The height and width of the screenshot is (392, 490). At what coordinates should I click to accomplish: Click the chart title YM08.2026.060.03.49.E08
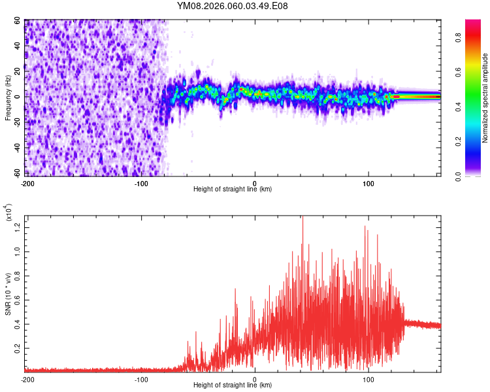coord(233,6)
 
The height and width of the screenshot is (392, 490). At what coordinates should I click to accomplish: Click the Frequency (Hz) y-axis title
coord(7,98)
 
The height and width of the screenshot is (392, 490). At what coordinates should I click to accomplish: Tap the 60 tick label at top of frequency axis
coord(18,21)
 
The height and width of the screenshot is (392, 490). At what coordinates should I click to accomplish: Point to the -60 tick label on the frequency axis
coord(17,173)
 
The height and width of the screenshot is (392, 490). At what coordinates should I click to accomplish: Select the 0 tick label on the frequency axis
coord(21,97)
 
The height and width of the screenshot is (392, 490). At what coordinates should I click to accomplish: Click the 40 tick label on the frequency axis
coord(18,46)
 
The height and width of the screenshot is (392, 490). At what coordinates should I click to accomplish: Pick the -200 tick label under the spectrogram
coord(27,182)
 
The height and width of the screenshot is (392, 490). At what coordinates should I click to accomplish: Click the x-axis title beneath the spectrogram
coord(233,189)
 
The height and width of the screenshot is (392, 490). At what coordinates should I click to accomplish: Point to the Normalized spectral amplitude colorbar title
coord(485,98)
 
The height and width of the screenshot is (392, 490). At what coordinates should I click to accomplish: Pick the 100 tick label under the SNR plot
coord(368,379)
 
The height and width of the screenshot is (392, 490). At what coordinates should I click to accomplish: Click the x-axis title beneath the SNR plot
coord(233,385)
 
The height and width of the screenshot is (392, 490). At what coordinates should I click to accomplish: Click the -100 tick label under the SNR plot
coord(140,379)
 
